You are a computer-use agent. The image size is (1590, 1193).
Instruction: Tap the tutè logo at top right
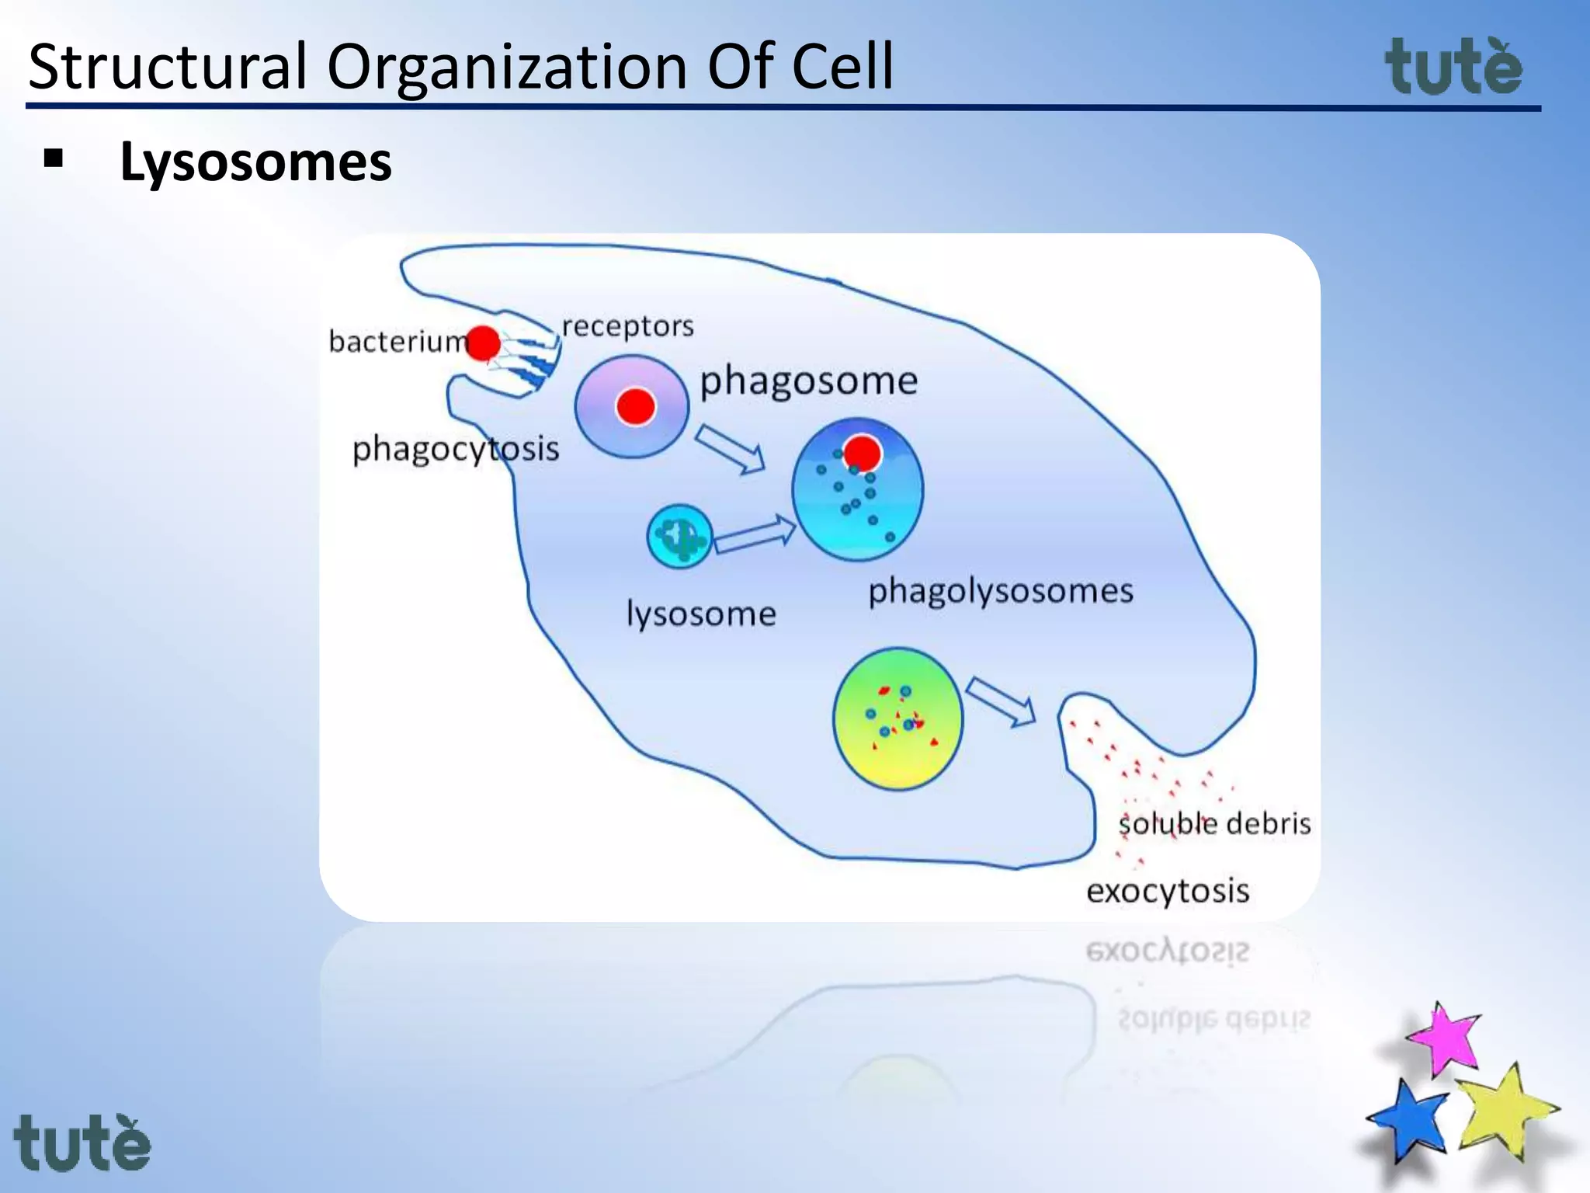[1453, 68]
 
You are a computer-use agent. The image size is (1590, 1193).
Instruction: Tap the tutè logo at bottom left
[82, 1143]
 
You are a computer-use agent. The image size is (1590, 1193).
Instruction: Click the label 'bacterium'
[397, 342]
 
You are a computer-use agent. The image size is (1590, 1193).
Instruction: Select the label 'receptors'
[627, 326]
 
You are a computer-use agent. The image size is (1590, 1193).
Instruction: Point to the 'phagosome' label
[808, 381]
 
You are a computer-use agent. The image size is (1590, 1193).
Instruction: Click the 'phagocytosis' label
[456, 449]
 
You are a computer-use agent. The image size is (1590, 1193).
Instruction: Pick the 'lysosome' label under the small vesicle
[701, 614]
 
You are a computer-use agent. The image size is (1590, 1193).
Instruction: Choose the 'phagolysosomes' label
[1000, 591]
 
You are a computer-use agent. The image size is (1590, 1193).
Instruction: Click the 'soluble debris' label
[1214, 823]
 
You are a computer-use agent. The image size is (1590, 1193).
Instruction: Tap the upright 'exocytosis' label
[1168, 891]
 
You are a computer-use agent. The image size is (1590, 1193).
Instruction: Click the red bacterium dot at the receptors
[484, 343]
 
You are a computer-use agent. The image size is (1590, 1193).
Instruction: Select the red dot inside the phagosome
[635, 406]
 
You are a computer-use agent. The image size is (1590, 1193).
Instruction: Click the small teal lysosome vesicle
[679, 536]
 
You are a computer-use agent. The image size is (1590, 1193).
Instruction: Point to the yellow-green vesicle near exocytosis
[897, 718]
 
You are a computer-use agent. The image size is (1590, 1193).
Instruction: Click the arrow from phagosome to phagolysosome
[730, 449]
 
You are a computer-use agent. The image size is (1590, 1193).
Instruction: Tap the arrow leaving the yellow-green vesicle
[1002, 701]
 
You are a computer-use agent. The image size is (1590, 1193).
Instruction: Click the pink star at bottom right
[1444, 1039]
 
